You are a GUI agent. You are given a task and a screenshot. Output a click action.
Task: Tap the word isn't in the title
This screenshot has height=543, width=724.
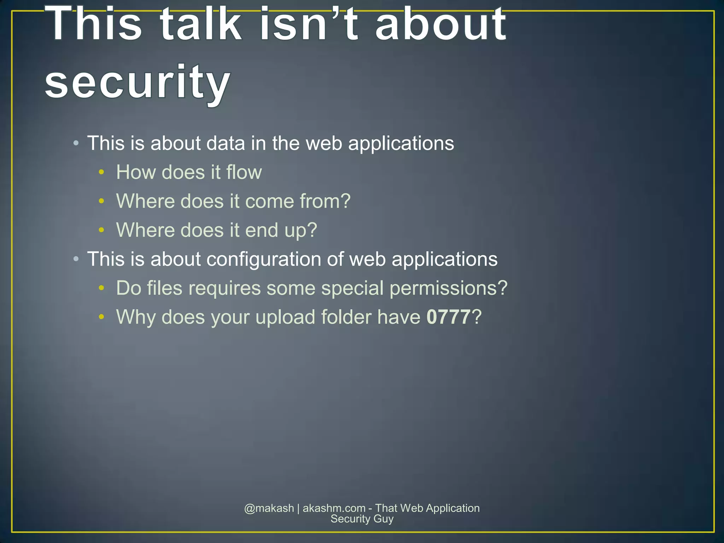pyautogui.click(x=310, y=25)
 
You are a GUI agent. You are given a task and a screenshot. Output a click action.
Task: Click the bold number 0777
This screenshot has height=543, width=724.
pyautogui.click(x=449, y=317)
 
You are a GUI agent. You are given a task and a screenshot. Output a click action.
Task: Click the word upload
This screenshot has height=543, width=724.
pyautogui.click(x=285, y=317)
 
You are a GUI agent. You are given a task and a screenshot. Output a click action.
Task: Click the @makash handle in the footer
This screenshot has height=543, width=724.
pyautogui.click(x=269, y=508)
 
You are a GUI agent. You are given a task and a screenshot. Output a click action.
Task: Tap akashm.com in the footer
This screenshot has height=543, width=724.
pyautogui.click(x=334, y=508)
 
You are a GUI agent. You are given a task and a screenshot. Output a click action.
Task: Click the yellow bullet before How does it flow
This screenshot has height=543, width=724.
pyautogui.click(x=101, y=172)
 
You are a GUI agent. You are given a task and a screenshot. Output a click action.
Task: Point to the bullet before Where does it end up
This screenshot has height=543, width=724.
pyautogui.click(x=101, y=230)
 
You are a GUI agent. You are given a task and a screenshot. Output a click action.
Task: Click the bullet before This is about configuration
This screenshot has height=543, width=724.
pyautogui.click(x=76, y=259)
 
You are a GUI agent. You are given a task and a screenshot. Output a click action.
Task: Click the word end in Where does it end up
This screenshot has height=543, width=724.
pyautogui.click(x=262, y=230)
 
